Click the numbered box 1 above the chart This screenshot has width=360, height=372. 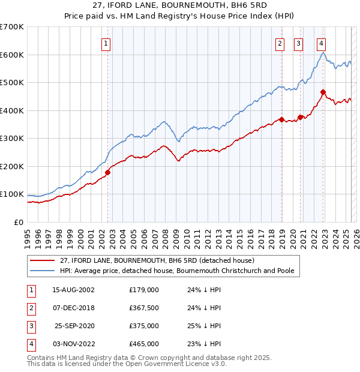(106, 43)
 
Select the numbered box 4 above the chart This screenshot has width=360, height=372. (322, 43)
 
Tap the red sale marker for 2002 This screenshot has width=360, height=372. (108, 172)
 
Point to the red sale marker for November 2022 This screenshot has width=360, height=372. (323, 92)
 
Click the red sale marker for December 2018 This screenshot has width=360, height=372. (281, 119)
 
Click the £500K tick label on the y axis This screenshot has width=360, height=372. (12, 82)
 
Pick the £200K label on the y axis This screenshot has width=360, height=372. (12, 166)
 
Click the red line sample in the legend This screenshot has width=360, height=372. (42, 260)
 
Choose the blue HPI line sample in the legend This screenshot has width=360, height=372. (42, 271)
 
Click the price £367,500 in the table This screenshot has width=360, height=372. (144, 308)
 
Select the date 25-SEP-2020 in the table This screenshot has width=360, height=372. (75, 326)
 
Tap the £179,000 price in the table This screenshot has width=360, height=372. (144, 290)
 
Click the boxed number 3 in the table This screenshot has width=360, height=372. (30, 326)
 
